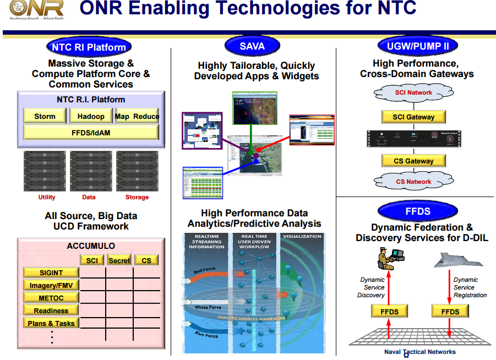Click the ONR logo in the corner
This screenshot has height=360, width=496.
(33, 9)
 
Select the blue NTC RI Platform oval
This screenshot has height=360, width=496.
(89, 47)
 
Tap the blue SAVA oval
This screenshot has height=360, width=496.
(252, 46)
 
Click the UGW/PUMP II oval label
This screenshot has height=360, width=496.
(418, 46)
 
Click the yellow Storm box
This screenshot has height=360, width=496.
(45, 116)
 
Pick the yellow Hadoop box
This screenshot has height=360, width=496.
(91, 116)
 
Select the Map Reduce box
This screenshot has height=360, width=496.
(137, 116)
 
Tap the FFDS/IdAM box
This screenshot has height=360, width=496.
(91, 133)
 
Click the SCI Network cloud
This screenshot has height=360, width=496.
(413, 93)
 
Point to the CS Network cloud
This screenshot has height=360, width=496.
(413, 181)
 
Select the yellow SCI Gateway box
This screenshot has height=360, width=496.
(413, 117)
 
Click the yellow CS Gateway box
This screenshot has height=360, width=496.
(413, 161)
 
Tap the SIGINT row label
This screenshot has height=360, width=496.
(51, 272)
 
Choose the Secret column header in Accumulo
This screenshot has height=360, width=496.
(119, 260)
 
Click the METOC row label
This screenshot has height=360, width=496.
(51, 298)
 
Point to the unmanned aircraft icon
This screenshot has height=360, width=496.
(456, 259)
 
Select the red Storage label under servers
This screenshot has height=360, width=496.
(137, 197)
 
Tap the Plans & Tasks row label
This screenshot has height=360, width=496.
(51, 323)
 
